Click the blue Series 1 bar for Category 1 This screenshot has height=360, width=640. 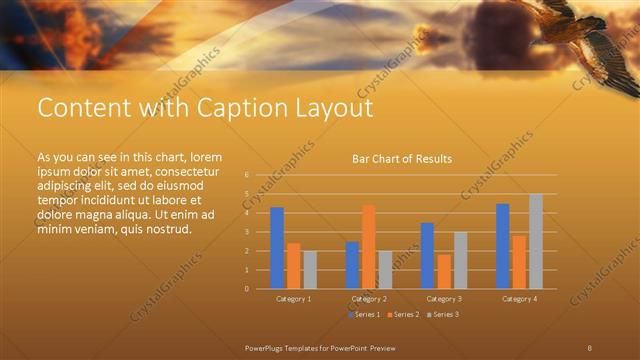coord(277,248)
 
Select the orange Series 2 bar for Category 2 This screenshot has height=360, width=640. coord(369,247)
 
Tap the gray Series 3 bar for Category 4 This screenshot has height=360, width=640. coord(536,241)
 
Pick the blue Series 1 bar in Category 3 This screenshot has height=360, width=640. coord(427,256)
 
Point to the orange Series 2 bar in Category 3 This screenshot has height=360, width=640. coord(444,271)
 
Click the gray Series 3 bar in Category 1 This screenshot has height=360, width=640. coord(310,270)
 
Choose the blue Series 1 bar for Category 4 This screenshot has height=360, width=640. coord(503,246)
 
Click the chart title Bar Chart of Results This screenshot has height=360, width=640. coord(402,159)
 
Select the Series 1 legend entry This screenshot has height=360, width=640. coord(362,315)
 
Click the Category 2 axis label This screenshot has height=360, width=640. coord(369,299)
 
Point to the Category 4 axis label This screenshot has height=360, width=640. coord(519,299)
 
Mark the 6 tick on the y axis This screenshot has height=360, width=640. coord(247,175)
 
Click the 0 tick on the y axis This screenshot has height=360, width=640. coord(247,289)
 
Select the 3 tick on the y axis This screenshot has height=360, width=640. coord(247,232)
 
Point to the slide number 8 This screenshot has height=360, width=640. coord(589,346)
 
